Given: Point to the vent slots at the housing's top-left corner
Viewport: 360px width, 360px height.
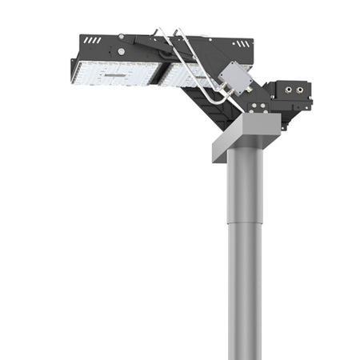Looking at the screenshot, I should point(92,39).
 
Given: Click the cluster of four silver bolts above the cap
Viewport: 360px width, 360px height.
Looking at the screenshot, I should point(256,104).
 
